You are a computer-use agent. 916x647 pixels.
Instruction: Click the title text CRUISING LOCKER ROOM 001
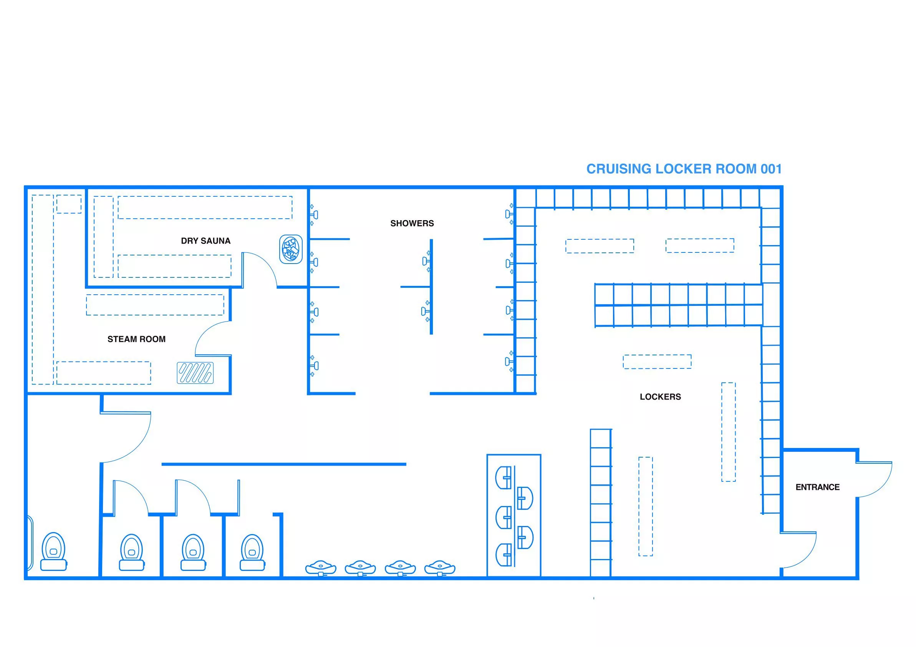pyautogui.click(x=683, y=169)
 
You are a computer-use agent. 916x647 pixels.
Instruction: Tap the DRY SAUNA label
pyautogui.click(x=205, y=241)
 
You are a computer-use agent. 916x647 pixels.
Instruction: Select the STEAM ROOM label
pyautogui.click(x=136, y=339)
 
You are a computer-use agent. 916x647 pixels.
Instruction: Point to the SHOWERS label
pyautogui.click(x=412, y=224)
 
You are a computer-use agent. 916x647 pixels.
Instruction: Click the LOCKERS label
pyautogui.click(x=660, y=397)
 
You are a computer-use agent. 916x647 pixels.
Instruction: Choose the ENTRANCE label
pyautogui.click(x=817, y=487)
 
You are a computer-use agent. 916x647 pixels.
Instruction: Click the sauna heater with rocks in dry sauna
pyautogui.click(x=291, y=249)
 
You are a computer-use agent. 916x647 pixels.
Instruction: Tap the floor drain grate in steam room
pyautogui.click(x=195, y=373)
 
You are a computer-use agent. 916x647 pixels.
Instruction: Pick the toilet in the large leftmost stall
pyautogui.click(x=53, y=551)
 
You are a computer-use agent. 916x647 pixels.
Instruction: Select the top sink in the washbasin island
pyautogui.click(x=504, y=477)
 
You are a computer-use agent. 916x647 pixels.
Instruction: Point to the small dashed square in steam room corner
pyautogui.click(x=69, y=204)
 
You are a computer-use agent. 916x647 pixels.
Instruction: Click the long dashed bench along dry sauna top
pyautogui.click(x=205, y=207)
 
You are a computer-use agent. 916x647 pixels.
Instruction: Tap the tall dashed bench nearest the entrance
pyautogui.click(x=728, y=432)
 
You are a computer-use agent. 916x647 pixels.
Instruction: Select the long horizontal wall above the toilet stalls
pyautogui.click(x=284, y=464)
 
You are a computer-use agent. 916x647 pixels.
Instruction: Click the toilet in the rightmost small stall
pyautogui.click(x=252, y=553)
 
